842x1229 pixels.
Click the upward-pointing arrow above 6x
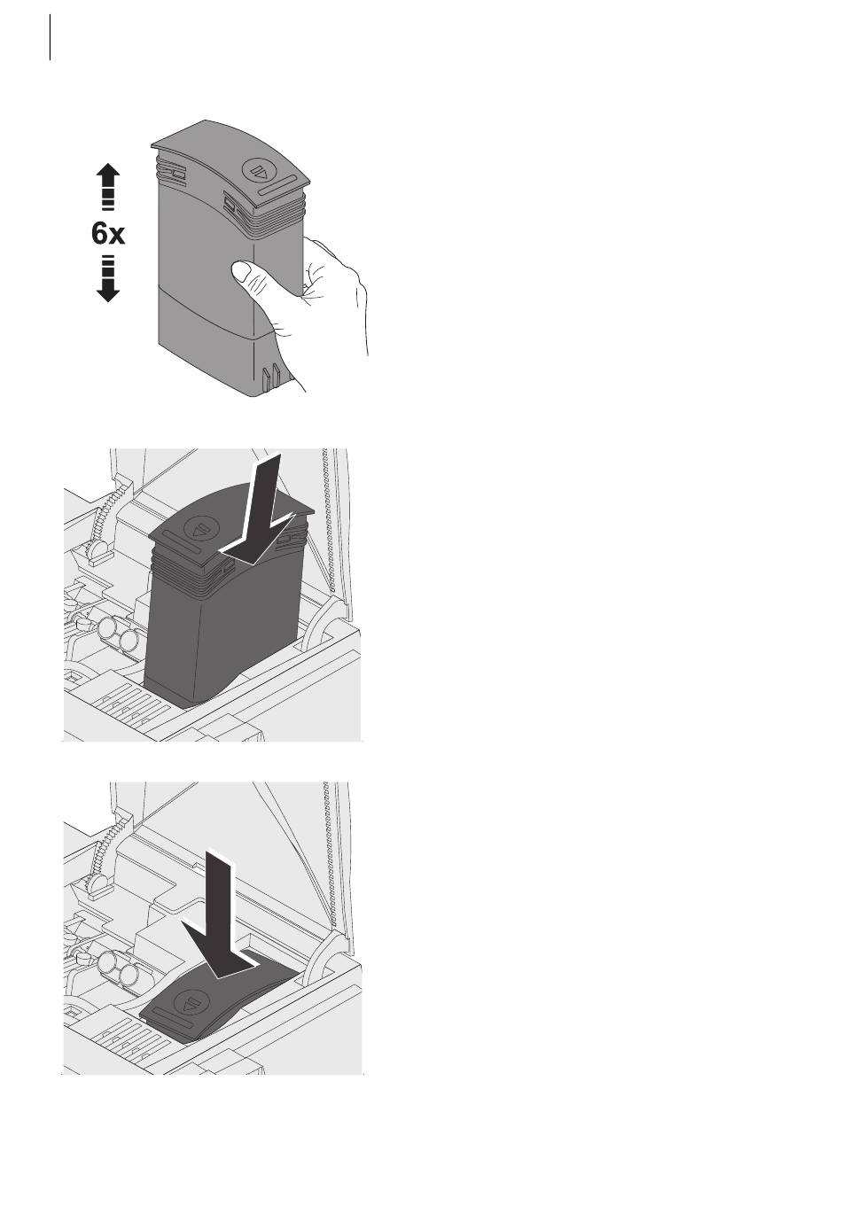pyautogui.click(x=107, y=186)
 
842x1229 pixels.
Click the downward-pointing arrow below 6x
pyautogui.click(x=107, y=279)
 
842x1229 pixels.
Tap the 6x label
pyautogui.click(x=107, y=234)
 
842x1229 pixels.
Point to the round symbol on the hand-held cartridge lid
pyautogui.click(x=257, y=170)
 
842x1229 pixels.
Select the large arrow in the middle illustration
pyautogui.click(x=257, y=510)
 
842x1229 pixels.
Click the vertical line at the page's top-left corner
pyautogui.click(x=51, y=37)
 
